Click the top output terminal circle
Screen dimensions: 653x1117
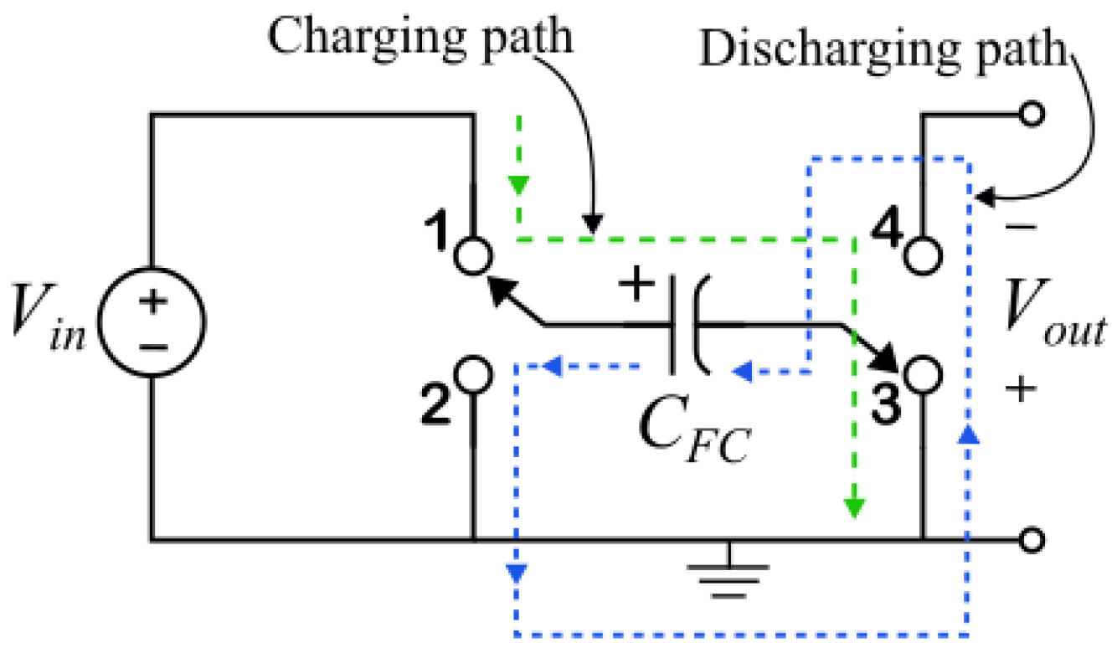click(x=1032, y=115)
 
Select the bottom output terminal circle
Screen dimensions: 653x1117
click(x=1032, y=541)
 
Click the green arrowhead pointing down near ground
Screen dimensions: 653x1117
click(x=853, y=506)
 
